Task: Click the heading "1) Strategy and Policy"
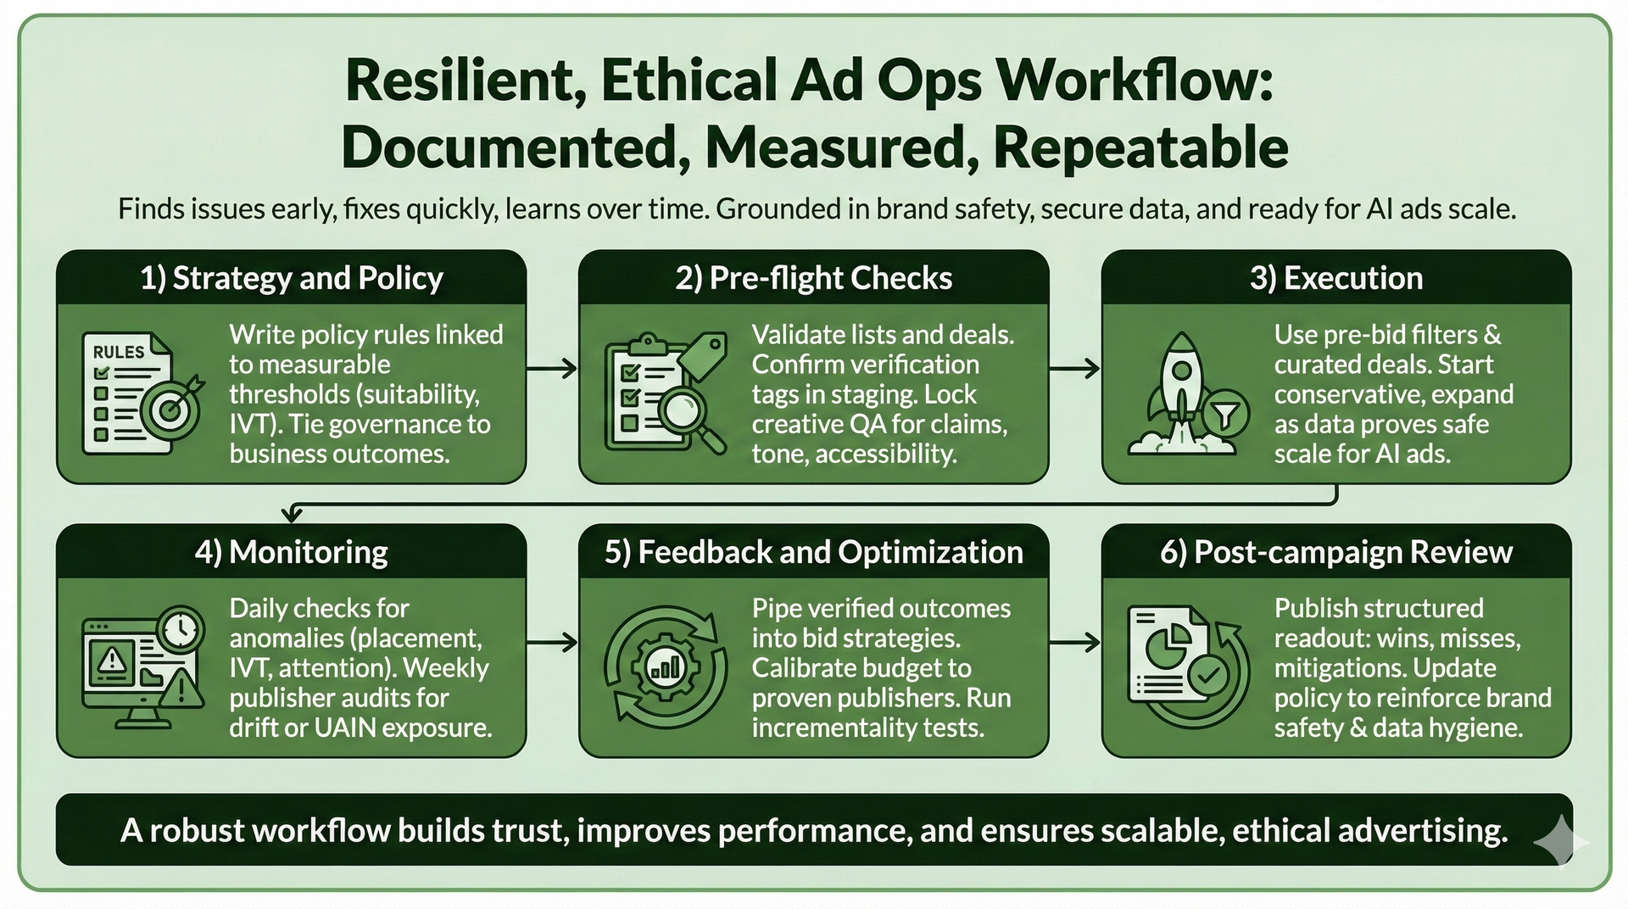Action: point(291,278)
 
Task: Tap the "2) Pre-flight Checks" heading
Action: point(813,278)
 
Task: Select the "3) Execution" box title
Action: point(1335,278)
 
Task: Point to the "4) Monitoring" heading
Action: point(291,552)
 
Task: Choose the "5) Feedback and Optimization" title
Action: point(813,552)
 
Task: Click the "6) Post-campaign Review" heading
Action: point(1335,552)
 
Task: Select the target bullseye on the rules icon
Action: point(172,410)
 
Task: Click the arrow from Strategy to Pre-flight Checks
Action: point(552,368)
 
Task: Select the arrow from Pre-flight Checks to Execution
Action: point(1074,368)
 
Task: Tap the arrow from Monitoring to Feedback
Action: point(552,642)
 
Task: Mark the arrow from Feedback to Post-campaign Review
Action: point(1074,642)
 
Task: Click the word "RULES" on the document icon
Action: point(118,352)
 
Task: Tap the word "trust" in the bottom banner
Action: point(530,830)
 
